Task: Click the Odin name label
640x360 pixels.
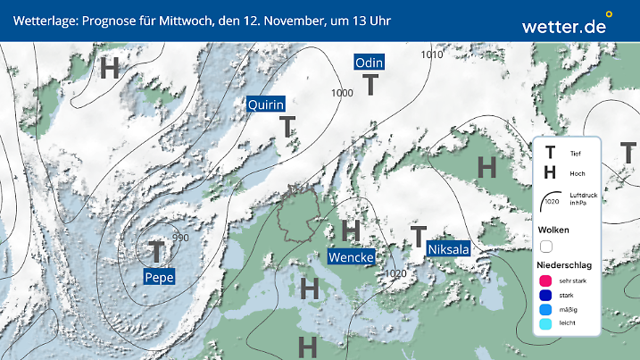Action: [370, 63]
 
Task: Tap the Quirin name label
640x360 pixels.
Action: [265, 105]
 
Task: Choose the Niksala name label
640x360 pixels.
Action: [448, 249]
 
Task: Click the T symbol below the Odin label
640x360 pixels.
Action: [370, 86]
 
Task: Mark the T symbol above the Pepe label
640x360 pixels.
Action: [157, 251]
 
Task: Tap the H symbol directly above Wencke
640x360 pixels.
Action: [351, 230]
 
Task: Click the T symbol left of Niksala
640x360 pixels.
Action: [417, 237]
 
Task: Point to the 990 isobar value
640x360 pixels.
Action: [180, 238]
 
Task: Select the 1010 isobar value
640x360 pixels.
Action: [433, 54]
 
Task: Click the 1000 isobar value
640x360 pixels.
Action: [342, 93]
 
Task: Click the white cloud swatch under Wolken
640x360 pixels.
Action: [546, 245]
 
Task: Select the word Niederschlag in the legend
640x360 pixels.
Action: [564, 265]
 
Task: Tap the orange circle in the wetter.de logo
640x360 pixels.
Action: [609, 14]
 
